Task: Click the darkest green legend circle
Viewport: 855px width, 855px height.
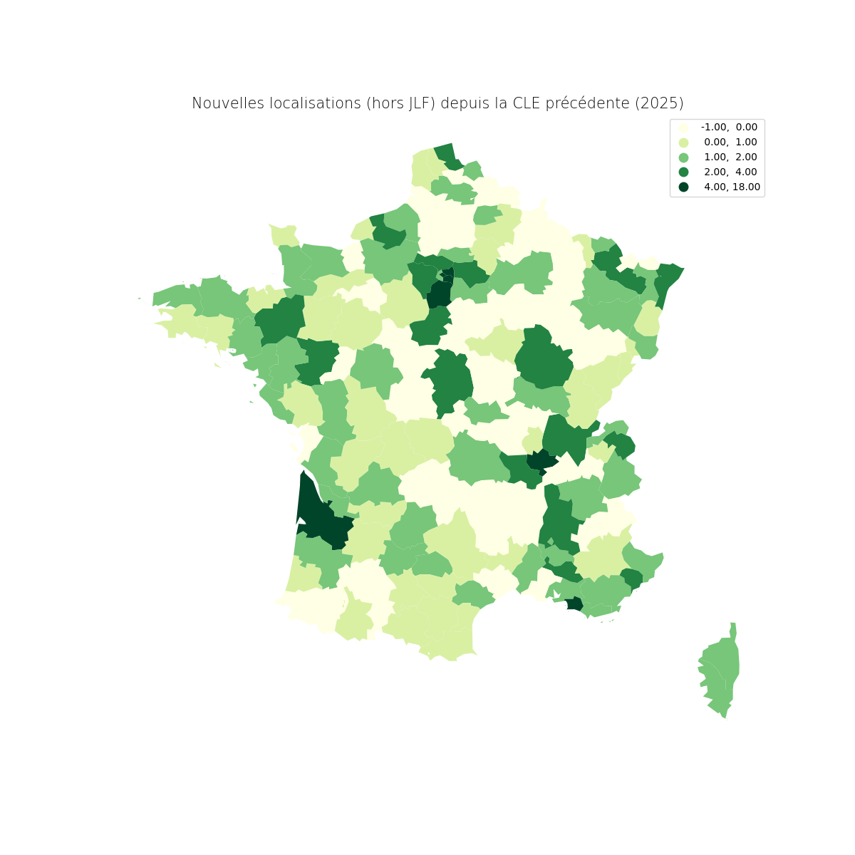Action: (684, 187)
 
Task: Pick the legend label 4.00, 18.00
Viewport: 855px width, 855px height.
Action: (732, 187)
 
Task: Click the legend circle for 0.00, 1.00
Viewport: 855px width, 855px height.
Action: (684, 142)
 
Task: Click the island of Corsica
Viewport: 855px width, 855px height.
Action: (721, 670)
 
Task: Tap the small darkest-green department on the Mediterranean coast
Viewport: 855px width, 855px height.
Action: (574, 603)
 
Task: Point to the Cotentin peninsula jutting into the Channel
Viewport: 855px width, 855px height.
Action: (284, 235)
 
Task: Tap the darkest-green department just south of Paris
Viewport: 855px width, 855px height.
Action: (440, 294)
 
